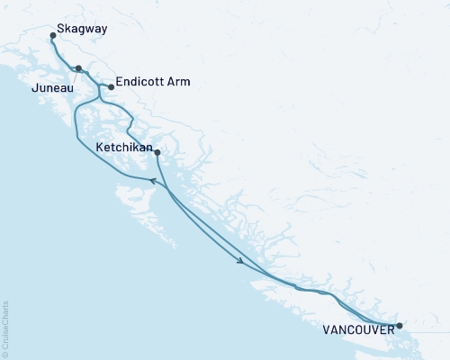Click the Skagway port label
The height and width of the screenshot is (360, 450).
(x=82, y=29)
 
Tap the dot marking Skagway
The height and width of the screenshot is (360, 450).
(x=53, y=37)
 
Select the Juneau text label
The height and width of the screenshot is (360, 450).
(x=51, y=88)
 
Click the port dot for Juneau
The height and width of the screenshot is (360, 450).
(x=78, y=68)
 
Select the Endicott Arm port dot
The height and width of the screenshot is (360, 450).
(x=111, y=87)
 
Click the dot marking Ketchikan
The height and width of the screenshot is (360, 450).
(x=157, y=152)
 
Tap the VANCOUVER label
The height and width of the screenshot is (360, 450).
(x=358, y=331)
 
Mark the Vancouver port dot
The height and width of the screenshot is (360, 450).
(x=400, y=325)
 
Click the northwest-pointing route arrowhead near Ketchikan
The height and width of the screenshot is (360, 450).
(x=152, y=181)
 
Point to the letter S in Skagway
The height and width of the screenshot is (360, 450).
(x=60, y=29)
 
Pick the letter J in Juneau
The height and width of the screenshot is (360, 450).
(x=33, y=88)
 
